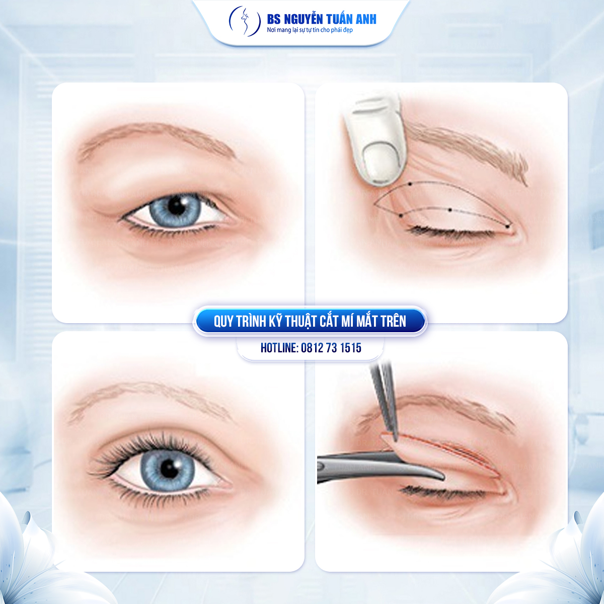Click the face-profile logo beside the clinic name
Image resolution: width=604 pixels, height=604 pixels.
point(245,21)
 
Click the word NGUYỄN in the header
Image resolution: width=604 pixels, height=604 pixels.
point(303,20)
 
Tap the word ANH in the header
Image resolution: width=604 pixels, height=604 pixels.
point(366,20)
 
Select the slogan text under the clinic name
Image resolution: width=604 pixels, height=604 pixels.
point(310,30)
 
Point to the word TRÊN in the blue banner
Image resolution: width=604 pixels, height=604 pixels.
point(393,321)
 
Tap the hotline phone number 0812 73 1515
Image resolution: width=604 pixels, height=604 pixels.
point(331,348)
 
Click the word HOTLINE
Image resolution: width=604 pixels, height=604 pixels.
point(279,348)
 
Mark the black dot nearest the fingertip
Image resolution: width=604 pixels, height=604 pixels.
point(410,184)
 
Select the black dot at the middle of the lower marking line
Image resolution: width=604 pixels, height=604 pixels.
point(450,210)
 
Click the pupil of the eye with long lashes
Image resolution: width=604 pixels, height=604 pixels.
point(169,469)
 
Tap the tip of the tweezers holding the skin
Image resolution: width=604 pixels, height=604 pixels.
point(396,440)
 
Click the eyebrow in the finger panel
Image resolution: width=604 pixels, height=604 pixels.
point(467,149)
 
